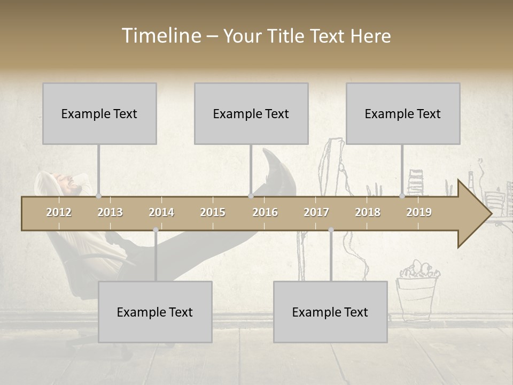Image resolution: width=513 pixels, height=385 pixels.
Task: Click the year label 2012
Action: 59,212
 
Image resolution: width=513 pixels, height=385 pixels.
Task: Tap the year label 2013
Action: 110,212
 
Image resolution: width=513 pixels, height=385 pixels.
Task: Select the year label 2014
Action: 161,212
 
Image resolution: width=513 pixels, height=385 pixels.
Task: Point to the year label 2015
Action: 213,212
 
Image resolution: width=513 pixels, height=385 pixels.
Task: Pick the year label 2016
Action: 265,212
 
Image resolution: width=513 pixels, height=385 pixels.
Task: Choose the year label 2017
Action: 316,212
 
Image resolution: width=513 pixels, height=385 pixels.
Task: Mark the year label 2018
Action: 368,212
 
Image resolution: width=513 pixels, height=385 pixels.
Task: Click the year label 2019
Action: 419,212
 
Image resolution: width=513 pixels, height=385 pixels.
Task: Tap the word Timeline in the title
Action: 160,36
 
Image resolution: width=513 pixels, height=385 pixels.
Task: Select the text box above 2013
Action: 99,113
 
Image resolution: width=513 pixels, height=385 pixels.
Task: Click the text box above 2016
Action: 251,113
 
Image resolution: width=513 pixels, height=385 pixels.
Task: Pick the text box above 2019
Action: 403,113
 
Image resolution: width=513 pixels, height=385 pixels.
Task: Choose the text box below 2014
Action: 155,312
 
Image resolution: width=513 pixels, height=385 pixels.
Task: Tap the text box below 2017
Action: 330,312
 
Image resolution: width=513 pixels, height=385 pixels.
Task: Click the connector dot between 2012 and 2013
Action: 98,196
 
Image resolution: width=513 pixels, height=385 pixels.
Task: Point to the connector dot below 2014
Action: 156,230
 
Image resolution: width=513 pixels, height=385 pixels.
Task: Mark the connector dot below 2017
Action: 331,230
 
